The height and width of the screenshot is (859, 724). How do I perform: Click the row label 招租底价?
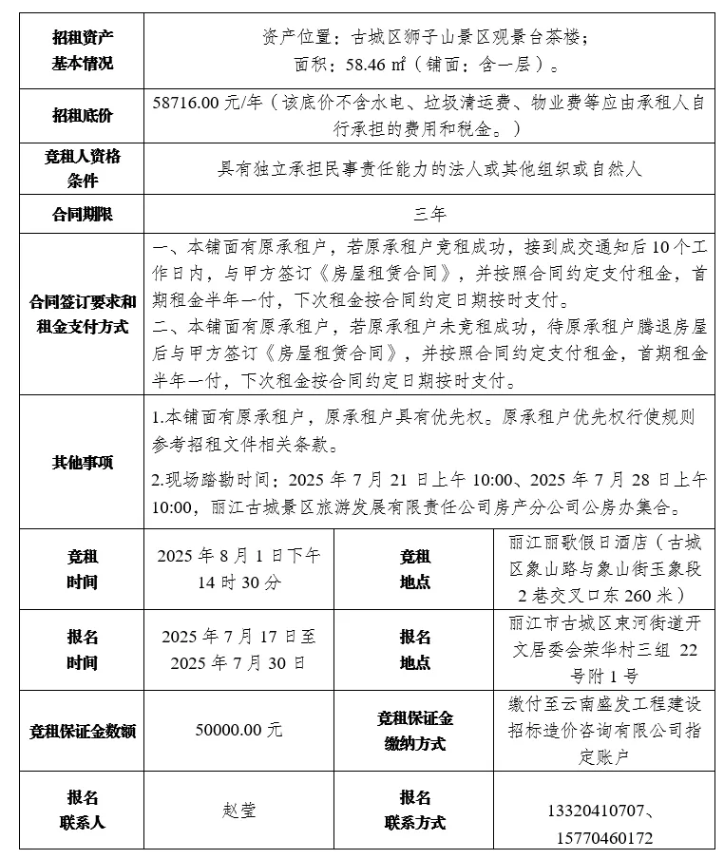[x=82, y=115]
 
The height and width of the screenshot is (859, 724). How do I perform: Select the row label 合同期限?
[x=82, y=215]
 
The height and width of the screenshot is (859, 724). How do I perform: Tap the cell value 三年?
[x=429, y=215]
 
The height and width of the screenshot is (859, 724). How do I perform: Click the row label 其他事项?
[x=82, y=463]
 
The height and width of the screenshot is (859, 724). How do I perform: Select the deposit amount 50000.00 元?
[x=238, y=730]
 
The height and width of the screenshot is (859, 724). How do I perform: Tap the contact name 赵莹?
[x=238, y=811]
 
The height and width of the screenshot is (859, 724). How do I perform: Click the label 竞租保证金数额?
[x=82, y=731]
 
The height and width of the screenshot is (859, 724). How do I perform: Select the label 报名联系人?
[x=82, y=810]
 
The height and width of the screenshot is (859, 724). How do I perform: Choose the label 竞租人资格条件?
[x=82, y=168]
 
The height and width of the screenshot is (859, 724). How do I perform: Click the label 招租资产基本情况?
[x=82, y=50]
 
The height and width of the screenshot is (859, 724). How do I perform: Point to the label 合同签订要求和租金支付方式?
[x=82, y=314]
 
